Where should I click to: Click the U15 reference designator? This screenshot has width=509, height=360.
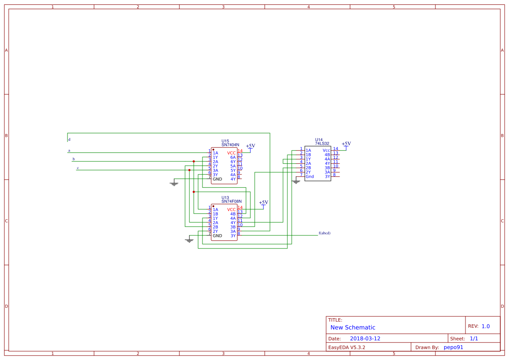point(225,141)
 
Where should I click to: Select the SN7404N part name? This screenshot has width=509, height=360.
point(230,145)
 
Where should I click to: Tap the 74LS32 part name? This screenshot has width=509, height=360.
point(322,143)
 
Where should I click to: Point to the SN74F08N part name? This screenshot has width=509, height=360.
point(231,201)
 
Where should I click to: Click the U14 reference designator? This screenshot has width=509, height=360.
point(319,140)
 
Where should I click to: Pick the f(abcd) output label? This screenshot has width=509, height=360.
point(324,233)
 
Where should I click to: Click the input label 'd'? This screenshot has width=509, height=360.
point(69,140)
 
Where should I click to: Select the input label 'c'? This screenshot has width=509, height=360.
point(78,168)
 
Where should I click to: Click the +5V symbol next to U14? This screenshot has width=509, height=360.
point(346,144)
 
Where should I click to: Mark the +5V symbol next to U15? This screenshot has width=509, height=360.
point(250,146)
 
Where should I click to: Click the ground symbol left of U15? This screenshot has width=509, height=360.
point(174,184)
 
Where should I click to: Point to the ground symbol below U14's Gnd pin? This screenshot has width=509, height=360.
point(296,182)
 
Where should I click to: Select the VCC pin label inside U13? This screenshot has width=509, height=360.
point(231,209)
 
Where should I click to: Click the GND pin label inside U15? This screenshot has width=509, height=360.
point(217,179)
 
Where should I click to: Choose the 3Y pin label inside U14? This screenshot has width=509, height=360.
point(327,176)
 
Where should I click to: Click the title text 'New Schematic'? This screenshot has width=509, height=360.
point(353,327)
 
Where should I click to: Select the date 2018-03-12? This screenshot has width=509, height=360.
point(365,339)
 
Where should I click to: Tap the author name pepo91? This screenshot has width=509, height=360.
point(453,347)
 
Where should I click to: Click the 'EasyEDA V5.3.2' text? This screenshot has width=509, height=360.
point(347,347)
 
